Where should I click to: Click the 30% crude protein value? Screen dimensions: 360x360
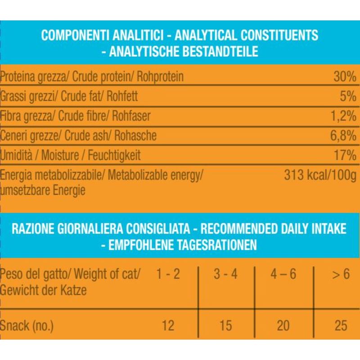(x=345, y=77)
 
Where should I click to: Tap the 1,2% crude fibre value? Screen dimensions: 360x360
(x=343, y=116)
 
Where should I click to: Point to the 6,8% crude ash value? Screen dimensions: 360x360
(x=343, y=135)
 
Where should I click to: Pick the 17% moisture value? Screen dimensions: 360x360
(x=345, y=155)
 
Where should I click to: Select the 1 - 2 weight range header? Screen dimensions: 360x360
(x=167, y=274)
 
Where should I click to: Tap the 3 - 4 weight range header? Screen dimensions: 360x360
(x=225, y=274)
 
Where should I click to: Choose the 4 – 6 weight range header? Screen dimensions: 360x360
(x=283, y=274)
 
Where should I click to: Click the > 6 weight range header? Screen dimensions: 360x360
(x=341, y=274)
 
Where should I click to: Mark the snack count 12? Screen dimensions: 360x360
(x=167, y=325)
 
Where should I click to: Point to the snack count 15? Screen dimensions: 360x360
(x=225, y=325)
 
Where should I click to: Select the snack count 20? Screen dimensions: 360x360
(x=283, y=325)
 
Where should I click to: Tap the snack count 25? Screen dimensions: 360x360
(x=341, y=325)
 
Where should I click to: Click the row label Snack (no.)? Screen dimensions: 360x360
(x=27, y=325)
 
